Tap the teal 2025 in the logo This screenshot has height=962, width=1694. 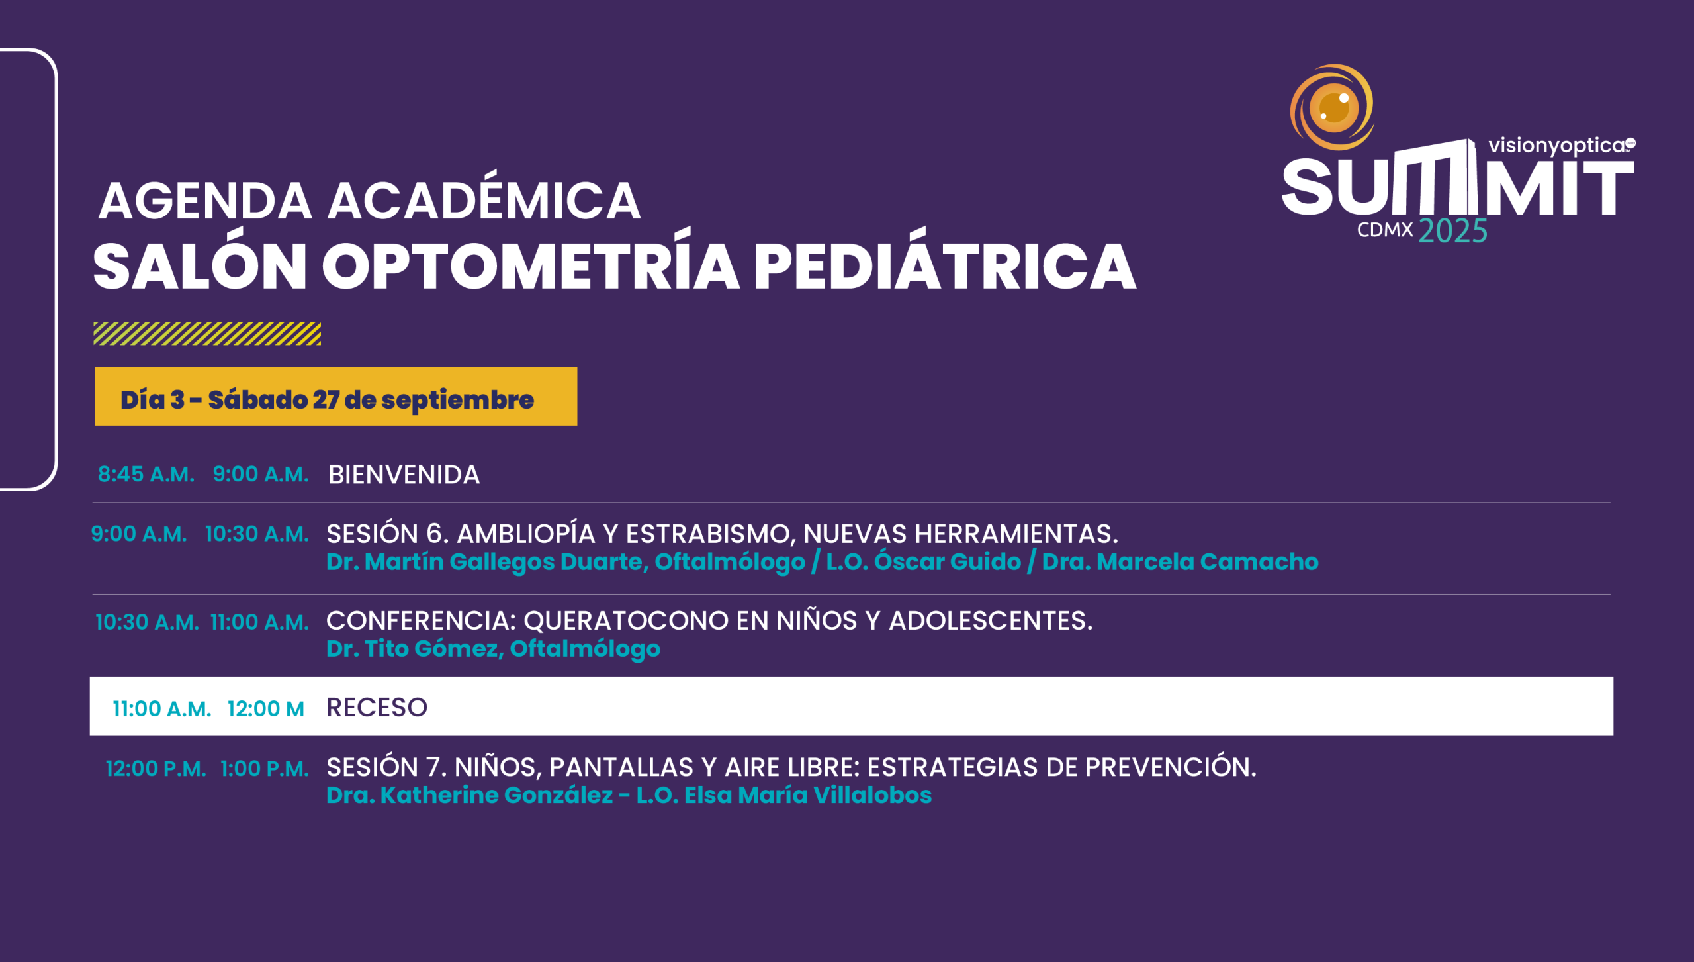click(1453, 231)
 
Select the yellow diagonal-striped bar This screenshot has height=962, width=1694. click(207, 334)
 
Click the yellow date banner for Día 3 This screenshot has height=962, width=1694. click(335, 397)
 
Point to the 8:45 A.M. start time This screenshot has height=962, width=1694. click(146, 474)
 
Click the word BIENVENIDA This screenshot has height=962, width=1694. click(404, 475)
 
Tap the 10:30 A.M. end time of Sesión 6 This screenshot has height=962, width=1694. click(257, 534)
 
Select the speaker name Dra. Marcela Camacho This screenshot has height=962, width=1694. click(1180, 561)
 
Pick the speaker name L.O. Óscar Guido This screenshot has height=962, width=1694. click(924, 561)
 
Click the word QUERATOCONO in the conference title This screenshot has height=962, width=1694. click(626, 621)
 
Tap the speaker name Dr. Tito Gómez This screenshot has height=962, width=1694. click(412, 648)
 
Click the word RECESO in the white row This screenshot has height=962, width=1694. click(377, 708)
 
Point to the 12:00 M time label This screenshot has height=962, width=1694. click(266, 709)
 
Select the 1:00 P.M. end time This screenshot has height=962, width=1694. click(265, 769)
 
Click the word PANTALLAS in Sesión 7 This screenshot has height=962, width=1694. click(621, 767)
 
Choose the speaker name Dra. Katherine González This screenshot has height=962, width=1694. click(470, 794)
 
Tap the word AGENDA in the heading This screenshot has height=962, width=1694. click(205, 201)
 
